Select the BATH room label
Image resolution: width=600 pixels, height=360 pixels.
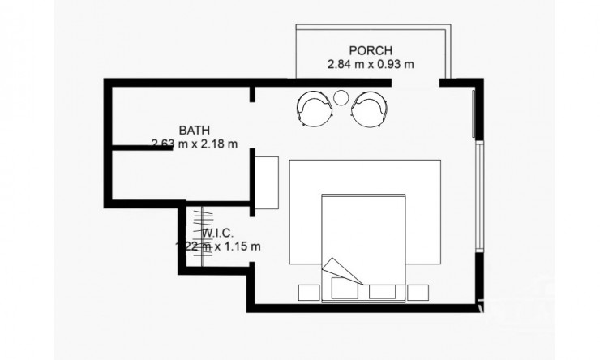[195, 130]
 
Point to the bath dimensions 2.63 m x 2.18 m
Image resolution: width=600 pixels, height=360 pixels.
[195, 144]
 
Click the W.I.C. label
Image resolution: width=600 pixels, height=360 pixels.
[218, 232]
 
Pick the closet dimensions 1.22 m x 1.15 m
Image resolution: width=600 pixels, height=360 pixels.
[218, 245]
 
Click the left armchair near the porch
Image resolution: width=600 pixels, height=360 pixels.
[313, 107]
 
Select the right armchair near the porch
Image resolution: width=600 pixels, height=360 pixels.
[369, 107]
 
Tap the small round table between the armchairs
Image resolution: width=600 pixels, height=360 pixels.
[341, 98]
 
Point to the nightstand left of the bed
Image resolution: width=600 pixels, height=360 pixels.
[309, 292]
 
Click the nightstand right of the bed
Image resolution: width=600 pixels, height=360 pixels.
[418, 292]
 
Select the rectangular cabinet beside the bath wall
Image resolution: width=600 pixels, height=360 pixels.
[268, 178]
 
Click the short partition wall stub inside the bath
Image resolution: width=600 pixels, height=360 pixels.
[139, 148]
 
